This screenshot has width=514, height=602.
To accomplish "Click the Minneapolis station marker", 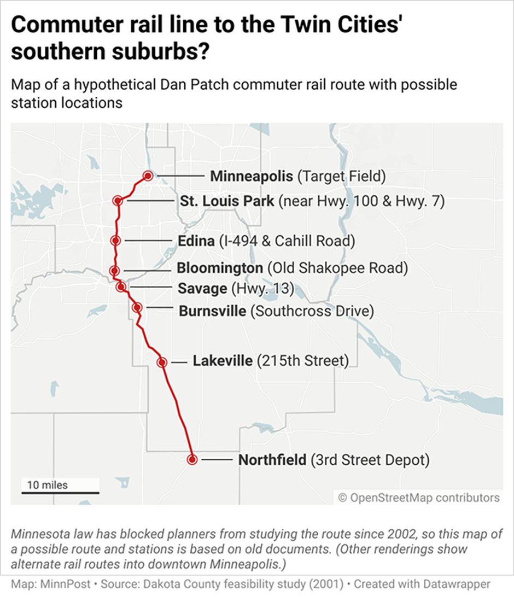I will (148, 176).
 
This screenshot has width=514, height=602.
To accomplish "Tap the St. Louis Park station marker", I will (117, 201).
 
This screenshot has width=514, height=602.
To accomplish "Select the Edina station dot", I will (115, 241).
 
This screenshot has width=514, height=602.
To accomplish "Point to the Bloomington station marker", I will (114, 270).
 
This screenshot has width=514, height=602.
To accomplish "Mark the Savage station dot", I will (121, 287).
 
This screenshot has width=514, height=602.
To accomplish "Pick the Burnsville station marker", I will (137, 308).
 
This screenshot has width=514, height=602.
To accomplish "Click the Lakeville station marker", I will (162, 362).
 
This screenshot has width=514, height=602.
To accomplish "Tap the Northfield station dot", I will (192, 460).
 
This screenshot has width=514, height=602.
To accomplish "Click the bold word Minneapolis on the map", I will (252, 177).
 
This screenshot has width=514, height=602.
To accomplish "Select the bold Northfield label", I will (272, 460).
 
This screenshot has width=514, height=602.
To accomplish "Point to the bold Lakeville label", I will (223, 361).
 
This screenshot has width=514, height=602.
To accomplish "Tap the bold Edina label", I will (196, 241).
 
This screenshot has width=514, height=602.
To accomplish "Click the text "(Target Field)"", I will (342, 177).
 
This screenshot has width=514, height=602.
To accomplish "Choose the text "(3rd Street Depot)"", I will (370, 460).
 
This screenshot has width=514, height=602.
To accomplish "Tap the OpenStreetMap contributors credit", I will (419, 498).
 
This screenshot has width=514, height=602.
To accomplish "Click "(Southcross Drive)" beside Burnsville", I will (312, 311).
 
